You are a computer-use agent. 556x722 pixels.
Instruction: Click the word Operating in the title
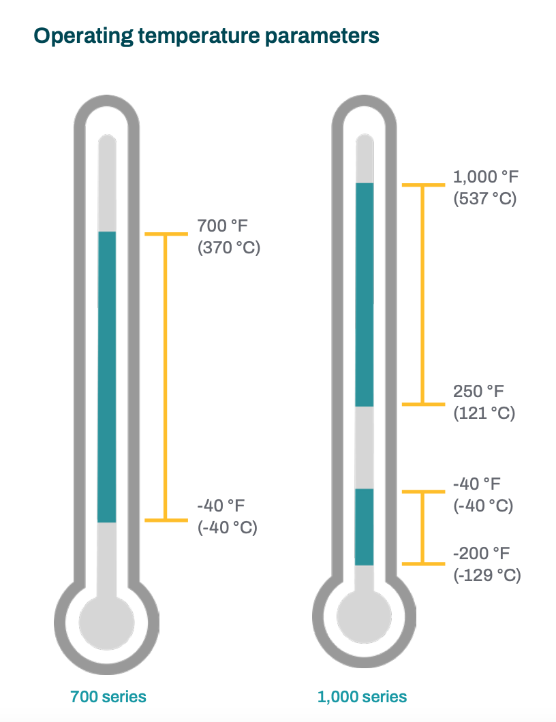point(84,36)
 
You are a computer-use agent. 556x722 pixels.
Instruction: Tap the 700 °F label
point(223,225)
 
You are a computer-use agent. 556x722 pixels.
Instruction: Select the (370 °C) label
point(229,248)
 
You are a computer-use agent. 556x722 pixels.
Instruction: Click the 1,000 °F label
point(486,177)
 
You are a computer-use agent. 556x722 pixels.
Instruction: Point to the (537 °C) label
point(485,198)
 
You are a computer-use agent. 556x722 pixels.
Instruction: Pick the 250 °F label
point(478,392)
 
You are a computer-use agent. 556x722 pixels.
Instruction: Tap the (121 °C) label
point(484,413)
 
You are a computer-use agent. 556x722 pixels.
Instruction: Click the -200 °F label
point(481,553)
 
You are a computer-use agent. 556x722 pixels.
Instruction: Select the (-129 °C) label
point(487,575)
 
